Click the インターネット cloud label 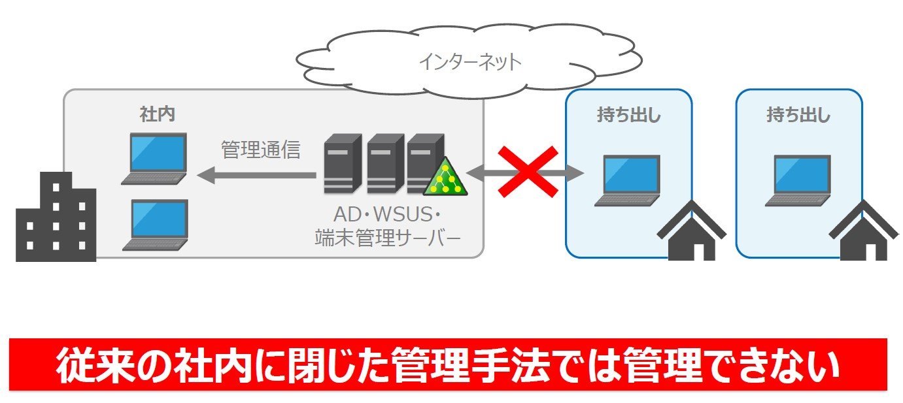pyautogui.click(x=470, y=63)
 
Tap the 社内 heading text pyautogui.click(x=157, y=114)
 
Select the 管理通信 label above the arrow pyautogui.click(x=261, y=150)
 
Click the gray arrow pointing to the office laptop pyautogui.click(x=256, y=175)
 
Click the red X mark pyautogui.click(x=528, y=172)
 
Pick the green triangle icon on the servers pyautogui.click(x=445, y=177)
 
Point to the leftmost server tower pyautogui.click(x=342, y=163)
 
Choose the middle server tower pyautogui.click(x=385, y=163)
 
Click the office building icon pyautogui.click(x=56, y=217)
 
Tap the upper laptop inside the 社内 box pyautogui.click(x=154, y=159)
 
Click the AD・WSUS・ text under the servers pyautogui.click(x=387, y=215)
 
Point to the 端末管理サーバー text pyautogui.click(x=387, y=238)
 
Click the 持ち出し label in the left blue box pyautogui.click(x=629, y=115)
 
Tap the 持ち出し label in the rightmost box pyautogui.click(x=798, y=115)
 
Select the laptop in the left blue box pyautogui.click(x=627, y=181)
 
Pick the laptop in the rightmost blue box pyautogui.click(x=798, y=181)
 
